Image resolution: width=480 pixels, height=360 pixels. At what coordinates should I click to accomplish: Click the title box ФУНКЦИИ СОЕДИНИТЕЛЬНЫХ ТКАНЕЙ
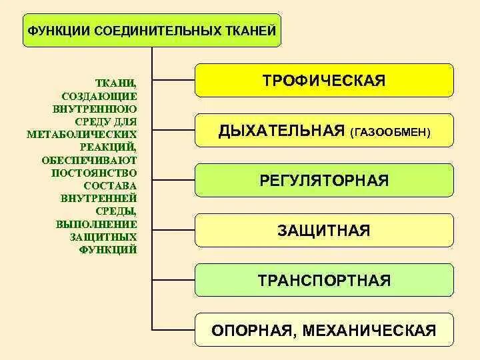(152, 30)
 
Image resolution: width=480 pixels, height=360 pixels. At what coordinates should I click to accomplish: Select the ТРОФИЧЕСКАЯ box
(324, 81)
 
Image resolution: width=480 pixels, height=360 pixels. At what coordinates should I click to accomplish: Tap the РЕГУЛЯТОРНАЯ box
(324, 181)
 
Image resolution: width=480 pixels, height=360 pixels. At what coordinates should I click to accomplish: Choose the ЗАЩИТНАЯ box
(324, 231)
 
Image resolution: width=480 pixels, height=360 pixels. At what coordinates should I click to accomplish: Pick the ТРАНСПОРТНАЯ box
(324, 280)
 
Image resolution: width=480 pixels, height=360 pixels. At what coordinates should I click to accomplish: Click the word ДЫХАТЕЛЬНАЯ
(281, 131)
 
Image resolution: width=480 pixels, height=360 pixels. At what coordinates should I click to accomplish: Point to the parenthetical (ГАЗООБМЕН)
(390, 133)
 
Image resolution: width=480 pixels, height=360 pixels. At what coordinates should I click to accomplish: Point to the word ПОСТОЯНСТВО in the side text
(94, 173)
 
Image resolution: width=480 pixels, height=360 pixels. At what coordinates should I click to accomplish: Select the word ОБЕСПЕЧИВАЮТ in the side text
(89, 160)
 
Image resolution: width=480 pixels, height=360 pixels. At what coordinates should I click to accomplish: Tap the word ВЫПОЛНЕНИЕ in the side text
(97, 224)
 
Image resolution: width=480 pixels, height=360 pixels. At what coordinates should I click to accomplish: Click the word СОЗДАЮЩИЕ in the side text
(99, 96)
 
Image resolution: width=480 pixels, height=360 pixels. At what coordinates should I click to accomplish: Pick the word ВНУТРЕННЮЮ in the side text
(94, 109)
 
